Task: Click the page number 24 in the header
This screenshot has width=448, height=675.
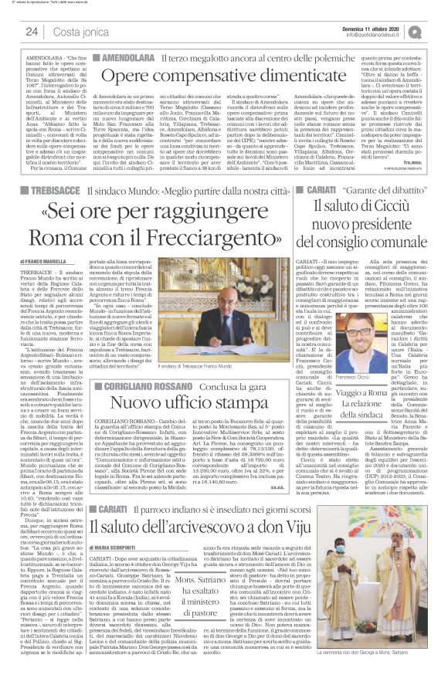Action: [x=32, y=32]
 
